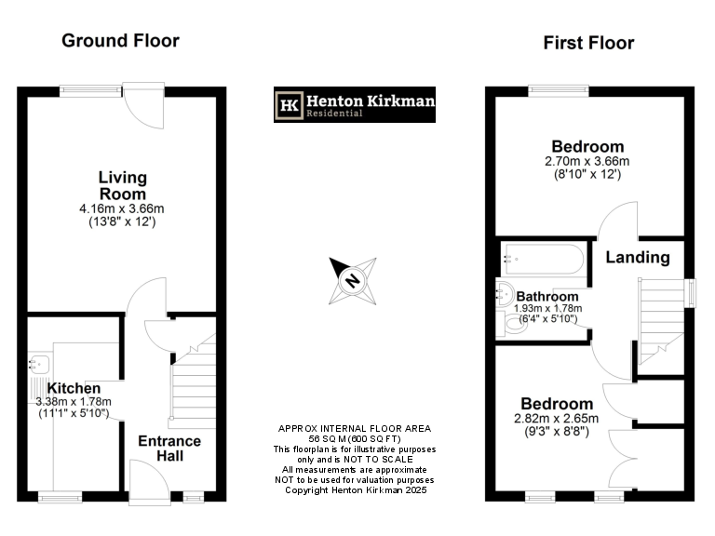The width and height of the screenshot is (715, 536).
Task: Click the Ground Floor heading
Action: coord(120,41)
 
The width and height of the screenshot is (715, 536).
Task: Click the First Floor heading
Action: coord(588,43)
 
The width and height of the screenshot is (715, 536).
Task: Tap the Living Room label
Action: coord(122,185)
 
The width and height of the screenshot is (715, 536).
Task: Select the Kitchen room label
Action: coord(74,388)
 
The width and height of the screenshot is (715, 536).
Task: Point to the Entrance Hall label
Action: coord(169,448)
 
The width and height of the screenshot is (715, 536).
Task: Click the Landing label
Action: coord(638,257)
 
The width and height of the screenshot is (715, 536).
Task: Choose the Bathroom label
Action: coord(548,296)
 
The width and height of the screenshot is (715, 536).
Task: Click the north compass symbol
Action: coord(353,280)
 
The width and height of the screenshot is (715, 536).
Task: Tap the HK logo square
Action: coord(290,105)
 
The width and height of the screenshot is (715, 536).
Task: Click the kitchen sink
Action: coord(39,363)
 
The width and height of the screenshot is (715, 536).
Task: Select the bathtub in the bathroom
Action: coord(542,260)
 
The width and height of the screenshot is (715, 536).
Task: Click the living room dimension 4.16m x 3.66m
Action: coord(122,209)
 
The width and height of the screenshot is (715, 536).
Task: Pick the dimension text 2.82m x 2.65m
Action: coord(557,419)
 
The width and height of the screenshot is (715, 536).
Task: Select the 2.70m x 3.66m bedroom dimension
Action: coord(587,161)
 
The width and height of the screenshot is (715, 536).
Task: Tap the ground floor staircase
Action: coord(192,377)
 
